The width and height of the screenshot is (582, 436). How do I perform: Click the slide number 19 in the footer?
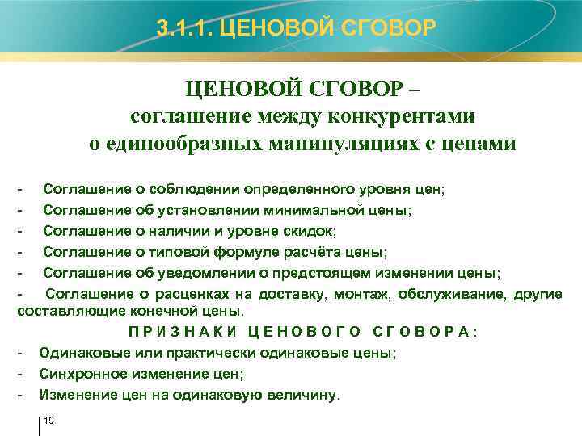tap(48, 421)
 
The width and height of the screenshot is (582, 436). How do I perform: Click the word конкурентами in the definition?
tap(402, 116)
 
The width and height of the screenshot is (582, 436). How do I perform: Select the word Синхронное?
tap(79, 374)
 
